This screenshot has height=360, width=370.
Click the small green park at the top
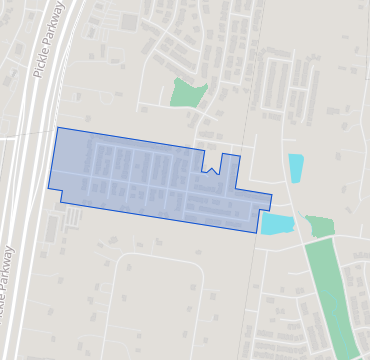[x=187, y=92]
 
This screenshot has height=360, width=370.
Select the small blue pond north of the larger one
[x=296, y=167]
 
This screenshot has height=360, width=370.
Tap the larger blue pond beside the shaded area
[x=277, y=223]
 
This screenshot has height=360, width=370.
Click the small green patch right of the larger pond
[x=320, y=226]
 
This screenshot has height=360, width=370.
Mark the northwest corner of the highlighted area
[x=58, y=128]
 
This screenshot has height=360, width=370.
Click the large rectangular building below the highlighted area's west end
[x=52, y=229]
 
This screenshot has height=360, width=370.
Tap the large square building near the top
[x=129, y=21]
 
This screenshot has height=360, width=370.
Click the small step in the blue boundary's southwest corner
[x=61, y=197]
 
